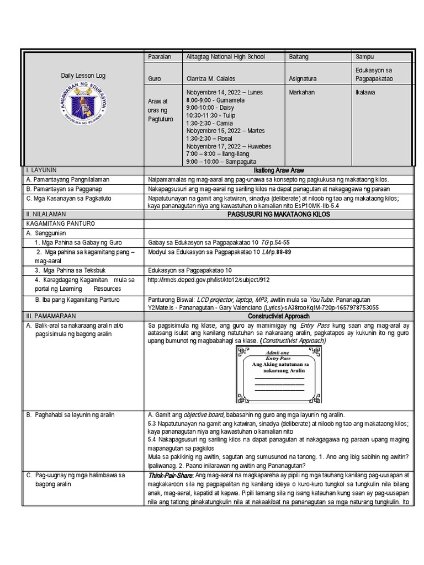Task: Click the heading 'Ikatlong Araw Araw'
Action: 278,170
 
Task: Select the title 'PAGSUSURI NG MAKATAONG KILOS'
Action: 278,214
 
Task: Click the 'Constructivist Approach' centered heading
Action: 278,317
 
